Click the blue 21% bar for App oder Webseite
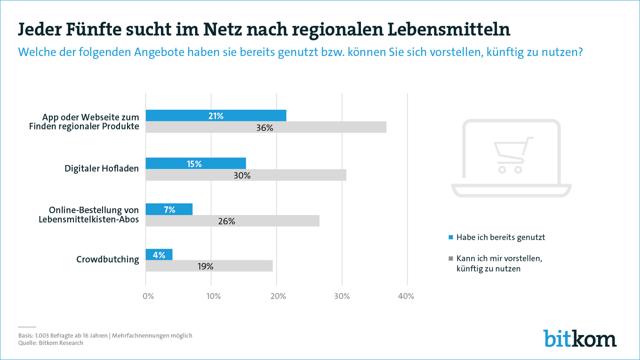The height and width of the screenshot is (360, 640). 215,115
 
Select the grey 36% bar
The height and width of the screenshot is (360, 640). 265,127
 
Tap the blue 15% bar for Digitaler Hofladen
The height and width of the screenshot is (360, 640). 195,163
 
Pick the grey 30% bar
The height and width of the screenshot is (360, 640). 245,175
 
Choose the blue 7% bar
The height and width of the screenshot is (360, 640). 169,209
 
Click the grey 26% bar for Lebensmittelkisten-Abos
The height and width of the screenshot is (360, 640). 232,221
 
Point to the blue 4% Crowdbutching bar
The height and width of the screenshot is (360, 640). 159,254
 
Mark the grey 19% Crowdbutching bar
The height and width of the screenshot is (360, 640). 209,266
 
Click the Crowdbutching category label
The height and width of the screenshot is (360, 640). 107,259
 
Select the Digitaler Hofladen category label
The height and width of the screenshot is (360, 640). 101,168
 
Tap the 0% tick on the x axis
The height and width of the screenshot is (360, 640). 148,296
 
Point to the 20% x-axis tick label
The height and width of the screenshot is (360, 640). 278,296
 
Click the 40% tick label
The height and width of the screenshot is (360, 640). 406,296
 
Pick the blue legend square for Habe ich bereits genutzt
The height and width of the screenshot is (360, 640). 450,237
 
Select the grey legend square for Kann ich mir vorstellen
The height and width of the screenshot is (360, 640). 450,258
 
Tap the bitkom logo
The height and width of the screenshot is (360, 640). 580,338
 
